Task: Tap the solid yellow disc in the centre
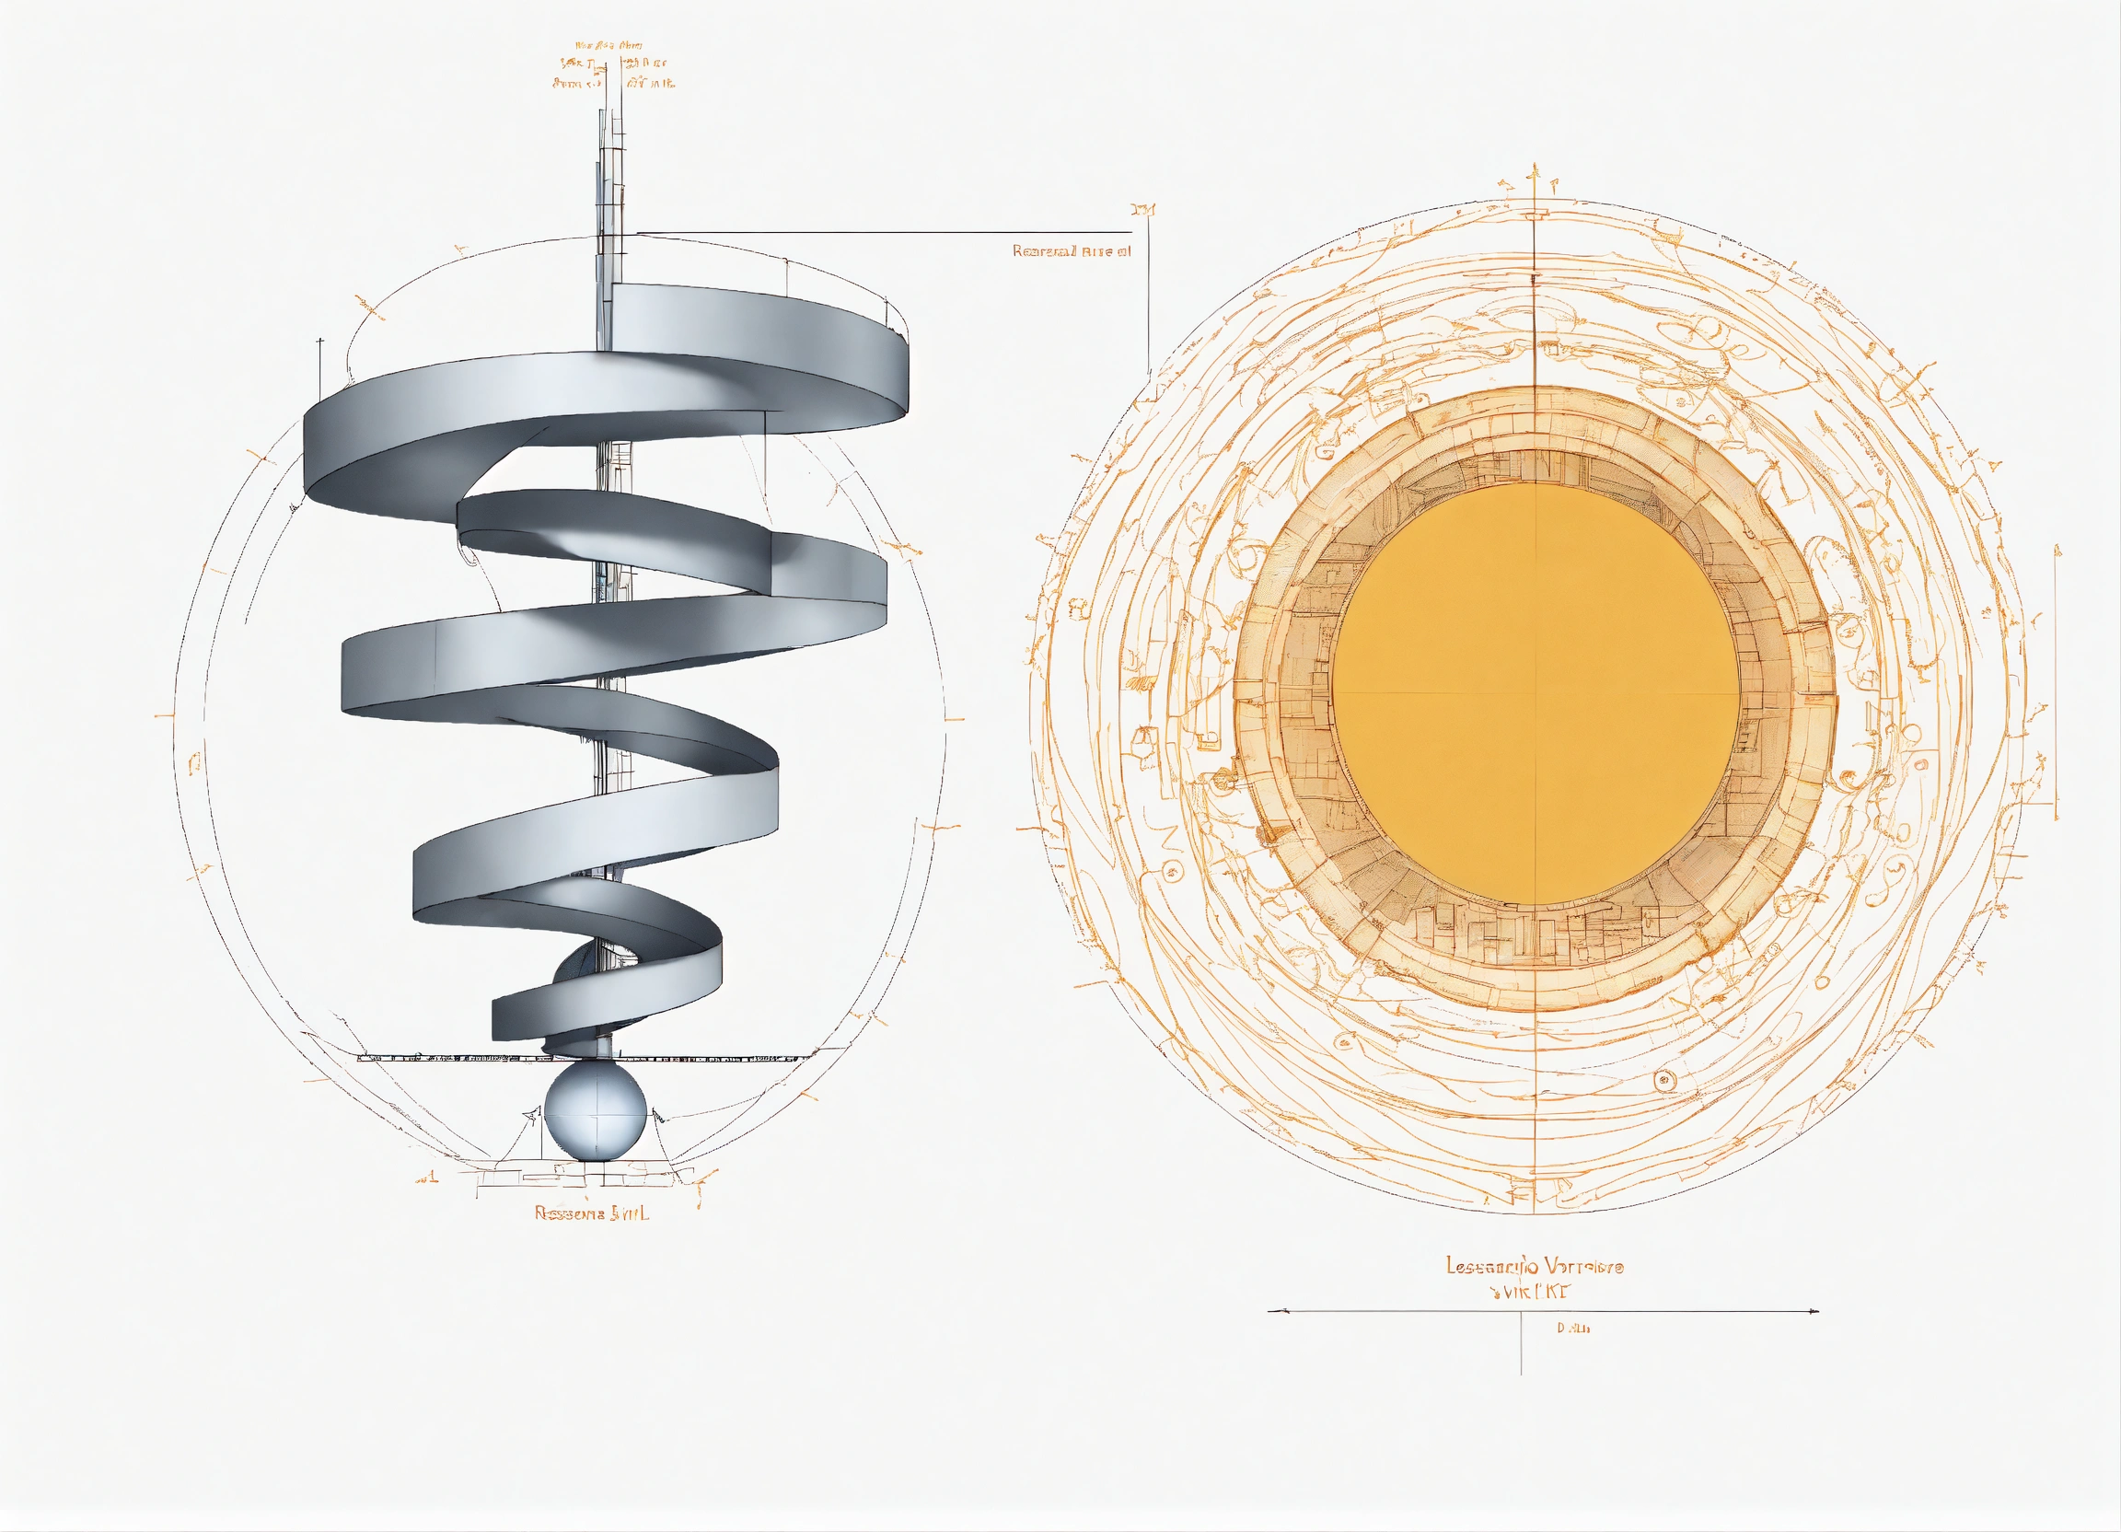pyautogui.click(x=1535, y=693)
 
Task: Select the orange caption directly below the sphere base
pyautogui.click(x=591, y=1213)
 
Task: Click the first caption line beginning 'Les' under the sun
pyautogui.click(x=1535, y=1266)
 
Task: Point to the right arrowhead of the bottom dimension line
pyautogui.click(x=1814, y=1311)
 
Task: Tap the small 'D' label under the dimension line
pyautogui.click(x=1572, y=1329)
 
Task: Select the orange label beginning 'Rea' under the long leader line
pyautogui.click(x=1071, y=251)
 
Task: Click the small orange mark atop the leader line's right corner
pyautogui.click(x=1142, y=210)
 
